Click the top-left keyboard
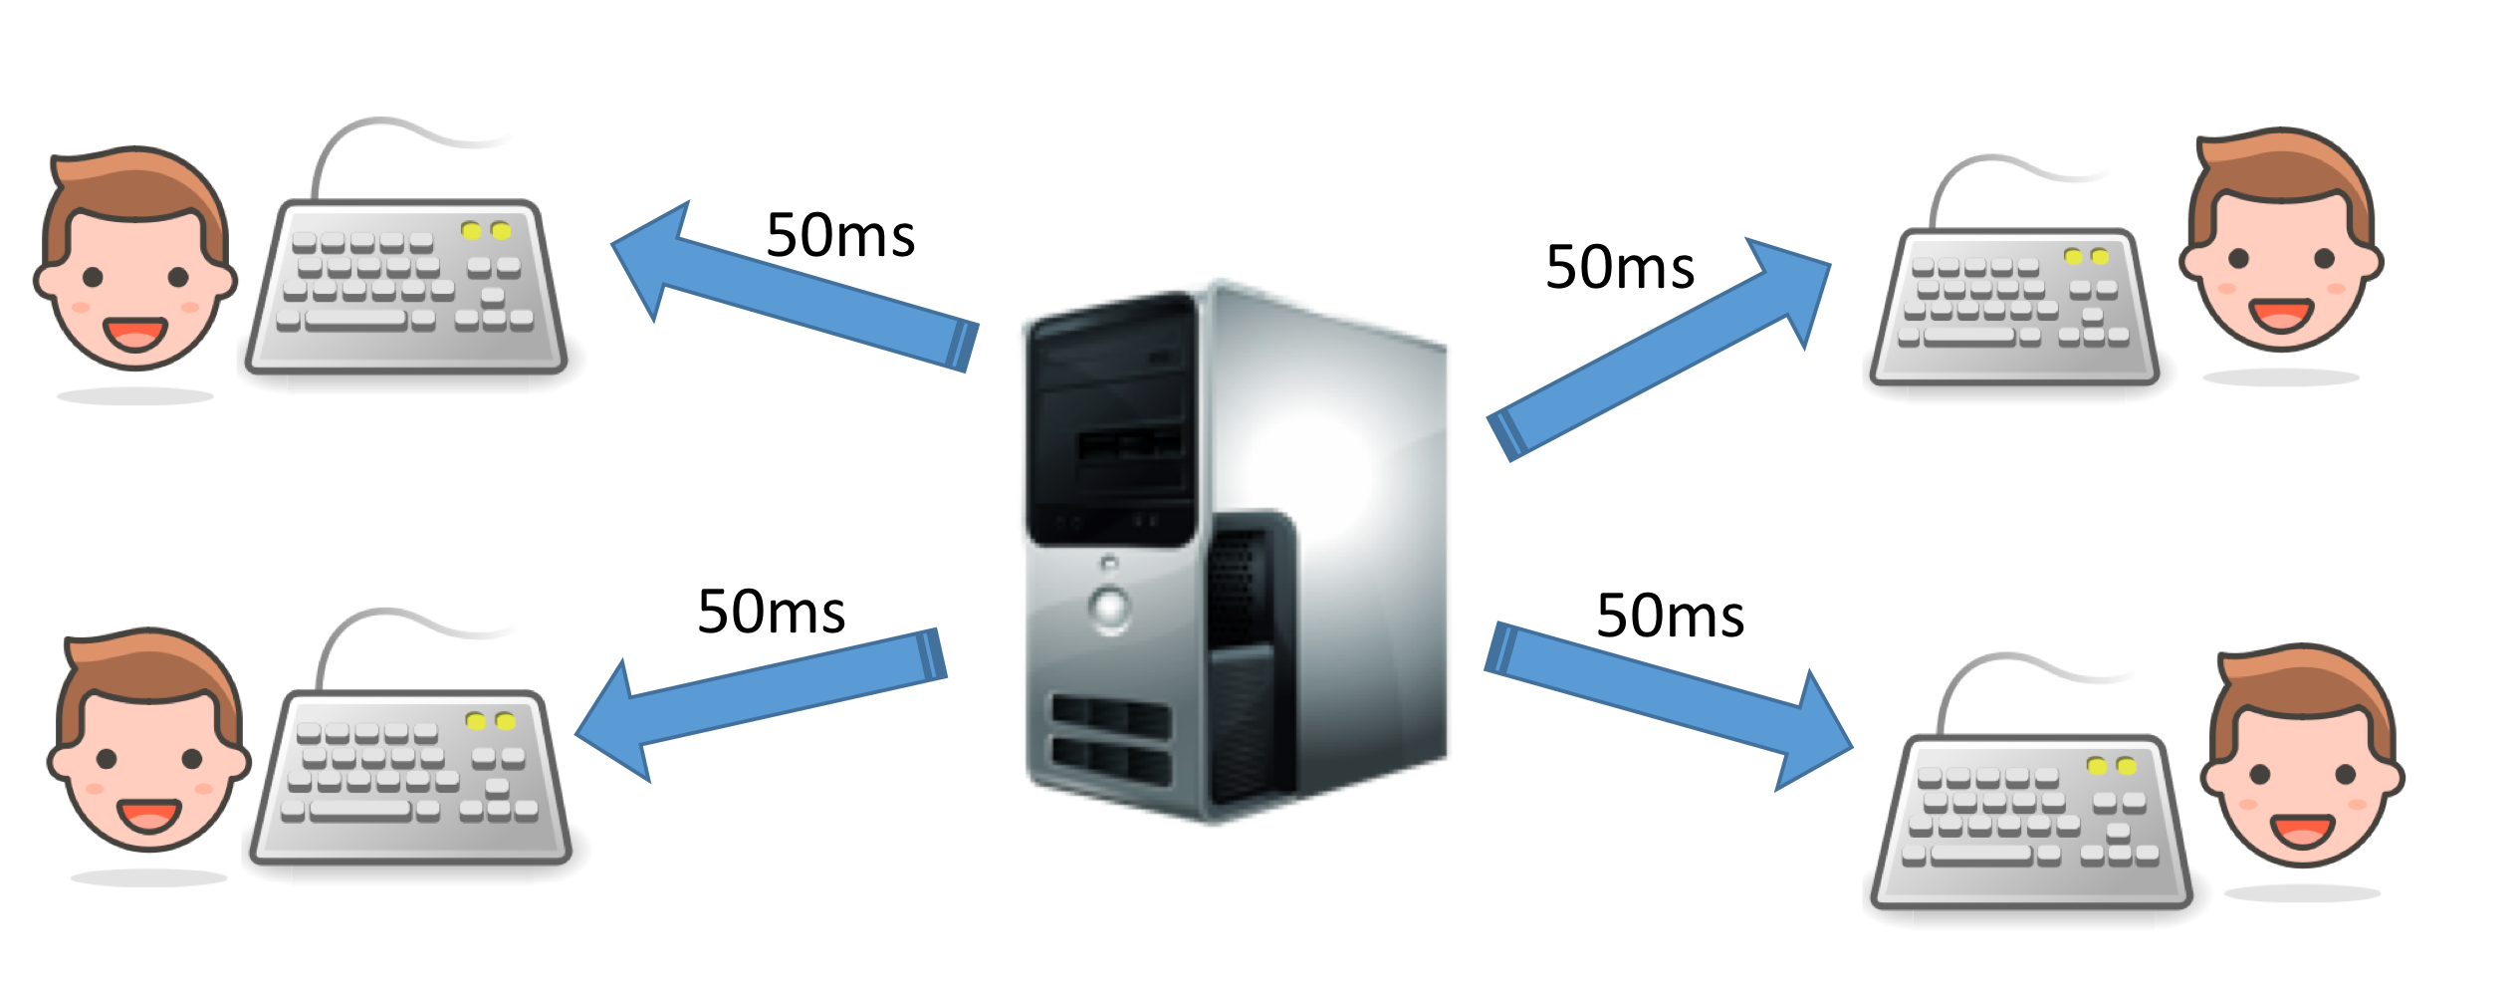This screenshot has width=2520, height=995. click(408, 289)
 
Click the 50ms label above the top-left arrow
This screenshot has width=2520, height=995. click(840, 236)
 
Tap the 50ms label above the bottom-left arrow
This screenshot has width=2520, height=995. click(772, 612)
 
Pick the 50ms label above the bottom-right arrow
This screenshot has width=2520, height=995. click(1671, 616)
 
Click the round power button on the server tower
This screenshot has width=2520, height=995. click(1109, 606)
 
